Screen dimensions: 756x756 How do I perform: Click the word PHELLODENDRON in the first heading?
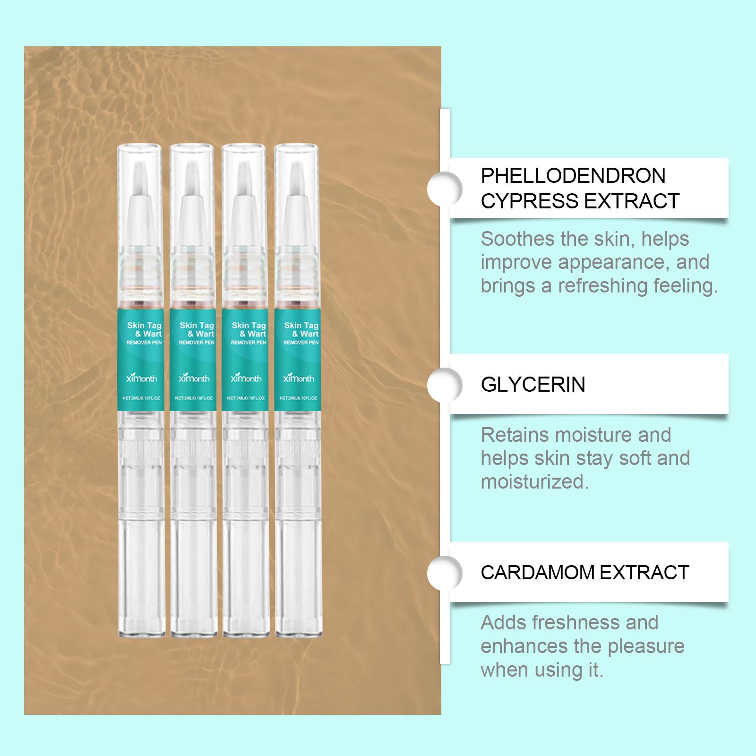pyautogui.click(x=573, y=176)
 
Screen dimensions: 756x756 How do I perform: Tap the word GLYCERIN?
pyautogui.click(x=533, y=385)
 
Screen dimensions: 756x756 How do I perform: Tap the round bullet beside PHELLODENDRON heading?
pyautogui.click(x=445, y=189)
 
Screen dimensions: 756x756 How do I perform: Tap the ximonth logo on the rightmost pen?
pyautogui.click(x=298, y=378)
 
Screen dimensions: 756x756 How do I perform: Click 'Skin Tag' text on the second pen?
pyautogui.click(x=197, y=326)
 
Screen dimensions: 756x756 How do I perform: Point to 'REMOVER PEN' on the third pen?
pyautogui.click(x=249, y=342)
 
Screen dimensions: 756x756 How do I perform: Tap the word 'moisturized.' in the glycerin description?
pyautogui.click(x=535, y=482)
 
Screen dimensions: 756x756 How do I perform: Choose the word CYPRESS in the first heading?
pyautogui.click(x=530, y=201)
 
